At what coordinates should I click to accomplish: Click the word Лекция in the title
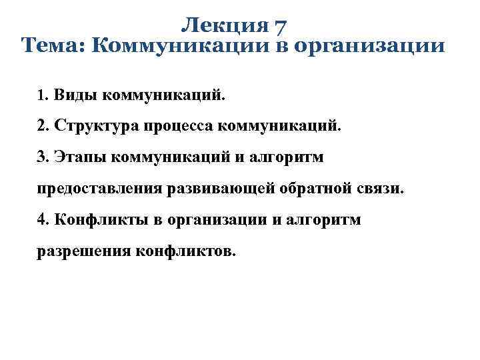click(223, 26)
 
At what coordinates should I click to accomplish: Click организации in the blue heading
click(378, 46)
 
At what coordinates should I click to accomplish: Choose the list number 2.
click(42, 126)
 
